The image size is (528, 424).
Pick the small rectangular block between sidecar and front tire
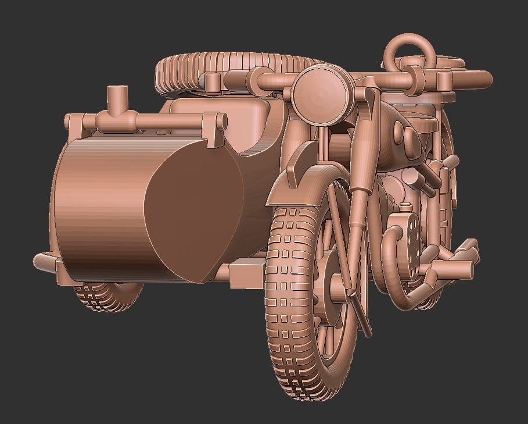pyautogui.click(x=247, y=273)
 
